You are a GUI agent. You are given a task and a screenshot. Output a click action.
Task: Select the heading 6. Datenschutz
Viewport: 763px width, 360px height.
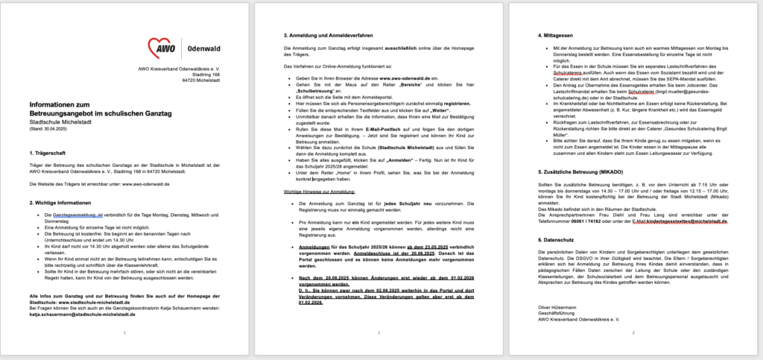click(562, 240)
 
